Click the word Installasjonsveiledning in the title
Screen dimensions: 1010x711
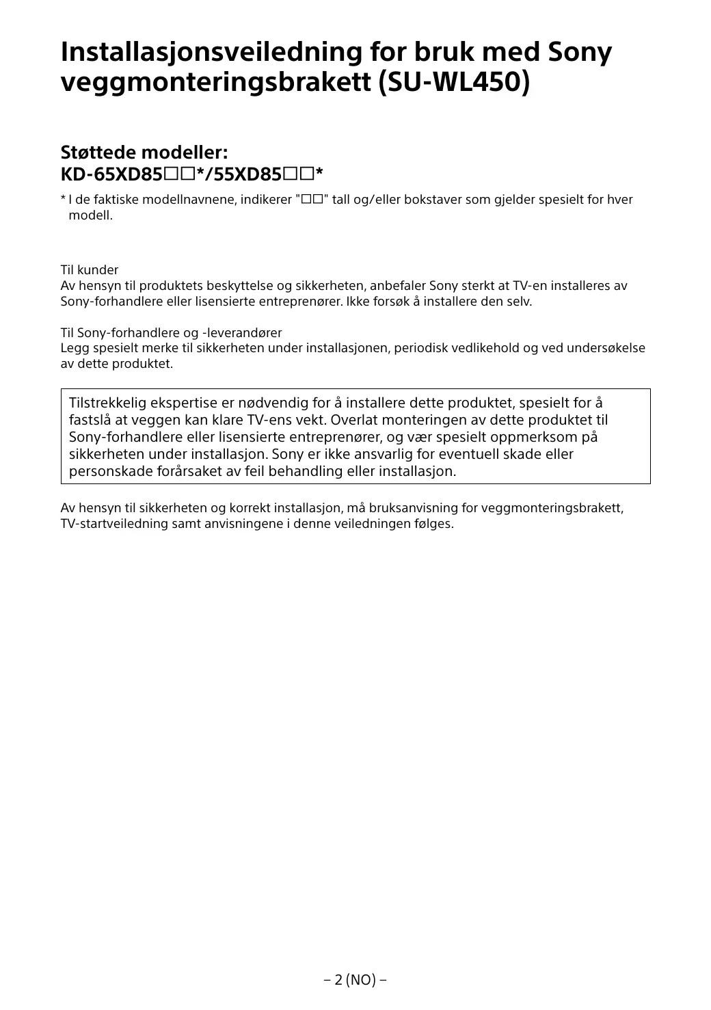210,53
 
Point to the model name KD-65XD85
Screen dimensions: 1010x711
111,174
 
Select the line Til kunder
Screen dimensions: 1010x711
90,270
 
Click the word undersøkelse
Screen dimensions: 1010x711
609,349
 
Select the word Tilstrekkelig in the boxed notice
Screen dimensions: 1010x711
106,403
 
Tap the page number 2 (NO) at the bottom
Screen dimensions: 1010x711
355,980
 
